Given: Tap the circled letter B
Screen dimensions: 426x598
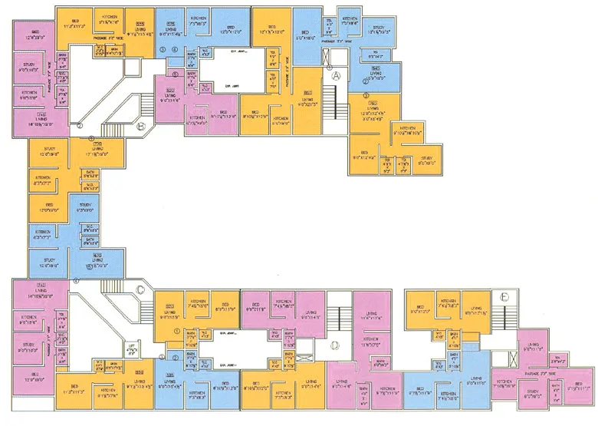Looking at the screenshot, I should tap(142, 128).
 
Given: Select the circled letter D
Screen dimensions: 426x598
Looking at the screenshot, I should tap(334, 345).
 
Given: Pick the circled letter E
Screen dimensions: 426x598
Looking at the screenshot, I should tap(504, 296).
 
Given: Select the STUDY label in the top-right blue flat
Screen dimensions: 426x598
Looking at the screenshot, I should tap(378, 30).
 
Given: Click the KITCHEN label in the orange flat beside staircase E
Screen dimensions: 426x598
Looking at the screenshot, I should tap(448, 302).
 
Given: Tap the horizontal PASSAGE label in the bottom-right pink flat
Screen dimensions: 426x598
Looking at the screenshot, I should tap(549, 375).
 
